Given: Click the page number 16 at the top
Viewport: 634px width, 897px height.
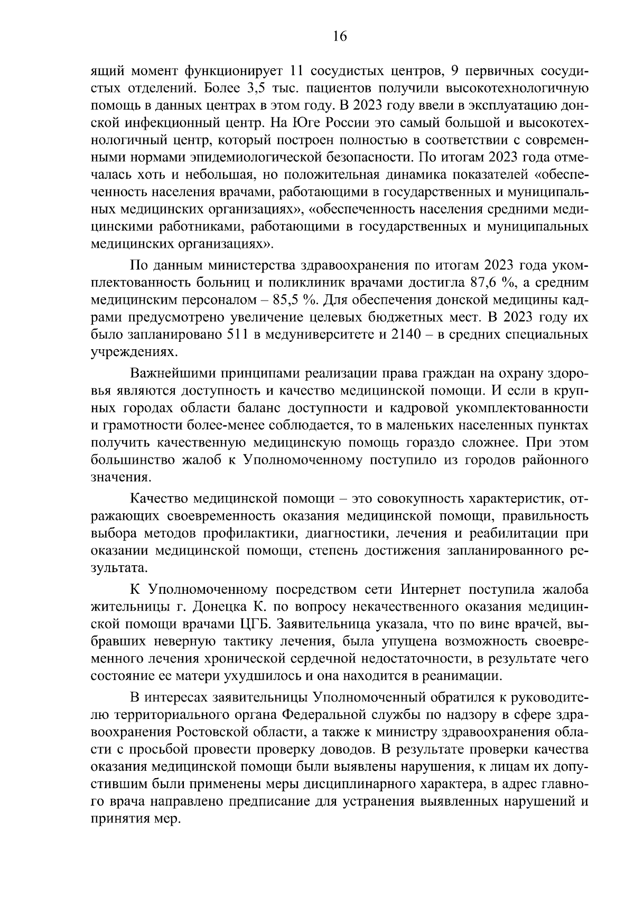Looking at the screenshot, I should point(340,36).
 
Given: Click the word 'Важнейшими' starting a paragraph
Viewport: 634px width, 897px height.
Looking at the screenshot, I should point(172,374).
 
